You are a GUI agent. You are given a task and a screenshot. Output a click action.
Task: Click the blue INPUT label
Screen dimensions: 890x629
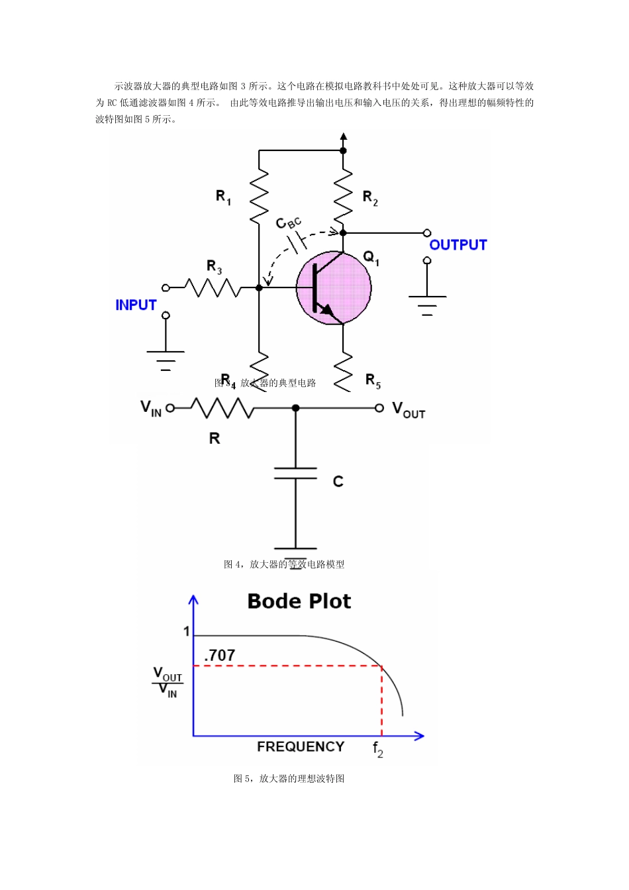136,305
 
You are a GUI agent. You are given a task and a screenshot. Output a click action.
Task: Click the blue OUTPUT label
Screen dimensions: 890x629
458,245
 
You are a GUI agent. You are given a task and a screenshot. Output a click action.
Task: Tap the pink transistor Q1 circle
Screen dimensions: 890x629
334,287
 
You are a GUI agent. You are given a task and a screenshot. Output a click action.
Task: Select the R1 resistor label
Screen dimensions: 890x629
223,197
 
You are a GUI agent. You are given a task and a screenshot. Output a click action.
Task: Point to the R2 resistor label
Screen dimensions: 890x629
370,197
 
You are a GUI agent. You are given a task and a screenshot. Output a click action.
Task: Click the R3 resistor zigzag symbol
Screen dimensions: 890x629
212,288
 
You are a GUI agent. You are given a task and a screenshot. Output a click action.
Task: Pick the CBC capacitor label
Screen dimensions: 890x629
288,223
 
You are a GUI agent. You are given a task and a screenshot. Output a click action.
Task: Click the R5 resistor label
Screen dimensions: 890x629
373,381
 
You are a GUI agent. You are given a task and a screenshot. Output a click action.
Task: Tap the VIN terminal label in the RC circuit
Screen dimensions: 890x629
151,408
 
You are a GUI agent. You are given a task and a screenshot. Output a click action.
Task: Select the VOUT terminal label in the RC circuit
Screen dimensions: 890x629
409,410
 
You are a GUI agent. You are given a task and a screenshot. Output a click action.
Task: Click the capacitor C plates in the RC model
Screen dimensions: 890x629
295,473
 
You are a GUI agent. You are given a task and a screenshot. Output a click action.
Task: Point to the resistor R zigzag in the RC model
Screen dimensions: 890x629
222,408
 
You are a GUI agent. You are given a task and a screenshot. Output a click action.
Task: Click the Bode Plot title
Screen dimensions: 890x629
299,601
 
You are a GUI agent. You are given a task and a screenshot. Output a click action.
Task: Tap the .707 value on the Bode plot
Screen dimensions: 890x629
220,656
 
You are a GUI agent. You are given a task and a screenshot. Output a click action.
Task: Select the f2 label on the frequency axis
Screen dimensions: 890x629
378,749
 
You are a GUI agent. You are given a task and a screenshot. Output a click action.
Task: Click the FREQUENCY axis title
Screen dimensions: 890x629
301,747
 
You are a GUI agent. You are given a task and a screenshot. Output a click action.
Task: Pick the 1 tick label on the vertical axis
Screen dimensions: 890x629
187,632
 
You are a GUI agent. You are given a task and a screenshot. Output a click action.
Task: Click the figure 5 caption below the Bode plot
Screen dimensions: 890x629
289,779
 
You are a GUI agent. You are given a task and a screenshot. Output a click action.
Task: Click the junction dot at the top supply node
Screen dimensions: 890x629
343,150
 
